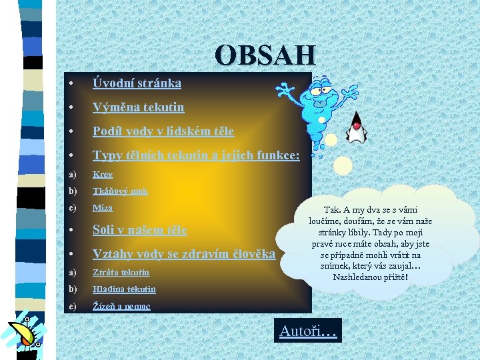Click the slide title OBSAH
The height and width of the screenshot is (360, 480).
(x=265, y=55)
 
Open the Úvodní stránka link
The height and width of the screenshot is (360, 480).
(x=137, y=83)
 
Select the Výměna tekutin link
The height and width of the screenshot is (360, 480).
(x=138, y=107)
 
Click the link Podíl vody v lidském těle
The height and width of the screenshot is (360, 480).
(x=163, y=131)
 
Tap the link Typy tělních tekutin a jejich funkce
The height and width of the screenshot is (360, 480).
(x=196, y=155)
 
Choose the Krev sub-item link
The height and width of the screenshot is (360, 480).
(x=103, y=174)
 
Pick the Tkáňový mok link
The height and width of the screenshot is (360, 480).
(x=120, y=191)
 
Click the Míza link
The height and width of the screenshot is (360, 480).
(x=103, y=208)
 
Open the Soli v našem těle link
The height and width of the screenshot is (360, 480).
(x=139, y=230)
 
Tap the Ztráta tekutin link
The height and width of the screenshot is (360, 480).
(x=121, y=272)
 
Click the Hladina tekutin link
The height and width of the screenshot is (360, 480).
(x=124, y=289)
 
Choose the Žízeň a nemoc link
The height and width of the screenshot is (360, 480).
(x=121, y=306)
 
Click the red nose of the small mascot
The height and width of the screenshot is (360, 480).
(x=356, y=125)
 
